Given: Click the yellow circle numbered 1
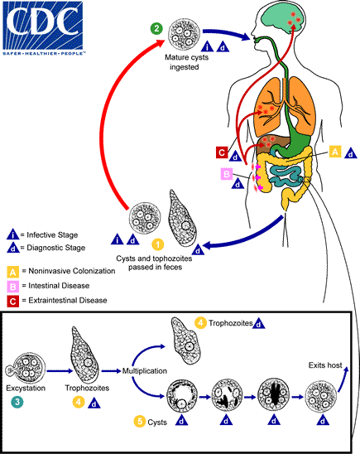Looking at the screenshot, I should click(x=157, y=244).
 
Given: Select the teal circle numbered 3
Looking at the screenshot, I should click(x=17, y=402).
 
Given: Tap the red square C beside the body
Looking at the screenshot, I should click(x=221, y=152).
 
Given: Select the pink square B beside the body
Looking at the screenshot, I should click(x=226, y=174).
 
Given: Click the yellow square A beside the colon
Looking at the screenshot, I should click(x=335, y=152).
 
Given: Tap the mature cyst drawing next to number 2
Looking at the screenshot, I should click(x=184, y=36).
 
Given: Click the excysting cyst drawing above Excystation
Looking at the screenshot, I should click(x=29, y=363).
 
